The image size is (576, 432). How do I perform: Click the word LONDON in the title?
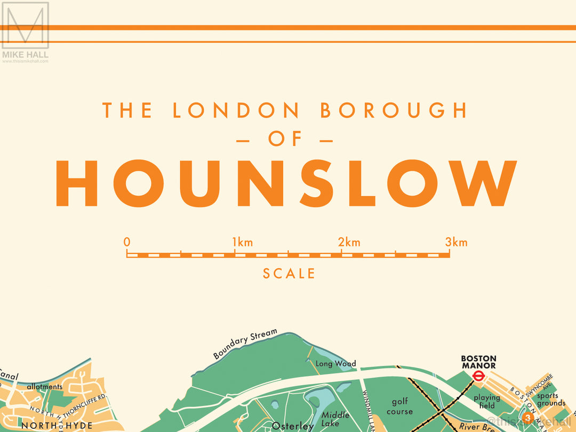[236, 110]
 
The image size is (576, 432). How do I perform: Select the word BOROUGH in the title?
[394, 110]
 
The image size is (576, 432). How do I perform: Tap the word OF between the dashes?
[285, 140]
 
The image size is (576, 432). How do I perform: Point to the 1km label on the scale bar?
[242, 243]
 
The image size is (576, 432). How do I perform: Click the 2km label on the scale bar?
[349, 243]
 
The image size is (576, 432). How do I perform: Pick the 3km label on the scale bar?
[456, 243]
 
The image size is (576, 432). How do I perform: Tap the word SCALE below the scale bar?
[289, 274]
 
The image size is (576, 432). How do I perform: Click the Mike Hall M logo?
[25, 26]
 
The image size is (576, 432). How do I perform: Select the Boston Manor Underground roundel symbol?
[478, 375]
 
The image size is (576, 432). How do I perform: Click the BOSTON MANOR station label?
[478, 362]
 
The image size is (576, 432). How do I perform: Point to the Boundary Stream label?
[245, 344]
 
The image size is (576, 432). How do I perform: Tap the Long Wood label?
[335, 364]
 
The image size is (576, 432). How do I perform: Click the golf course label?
[399, 406]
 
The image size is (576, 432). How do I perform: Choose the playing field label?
[486, 401]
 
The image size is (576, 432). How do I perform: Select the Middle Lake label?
[335, 419]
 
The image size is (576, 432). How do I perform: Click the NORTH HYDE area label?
[57, 426]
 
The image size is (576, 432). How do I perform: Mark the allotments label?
[44, 386]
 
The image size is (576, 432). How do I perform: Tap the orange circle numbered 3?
[527, 417]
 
